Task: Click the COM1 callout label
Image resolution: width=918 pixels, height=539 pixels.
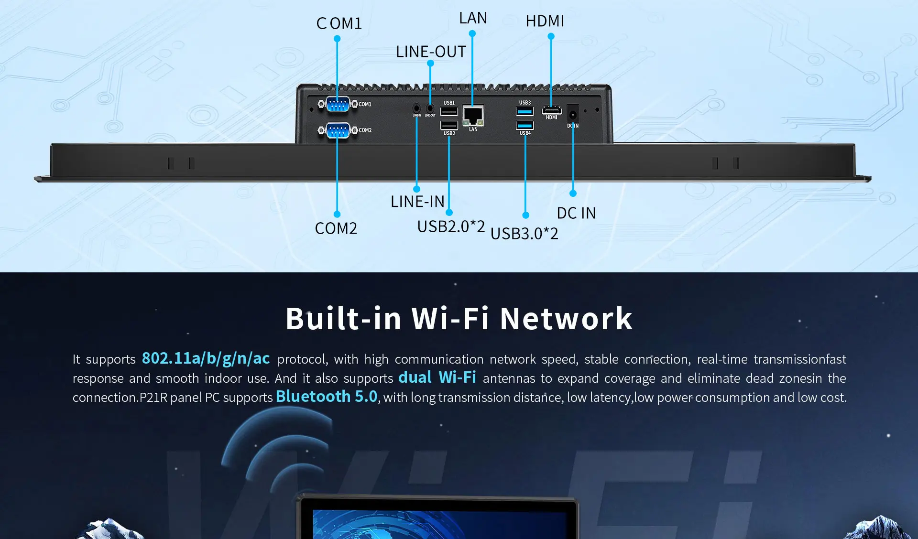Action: point(339,23)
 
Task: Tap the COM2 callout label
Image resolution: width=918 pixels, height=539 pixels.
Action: point(336,228)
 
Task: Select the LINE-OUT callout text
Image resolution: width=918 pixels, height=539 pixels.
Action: point(431,52)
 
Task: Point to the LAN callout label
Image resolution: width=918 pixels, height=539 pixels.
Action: point(473,18)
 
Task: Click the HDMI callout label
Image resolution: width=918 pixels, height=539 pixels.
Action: point(545,21)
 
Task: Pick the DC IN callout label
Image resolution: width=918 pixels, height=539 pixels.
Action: point(577,213)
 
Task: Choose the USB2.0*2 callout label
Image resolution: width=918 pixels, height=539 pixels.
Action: point(451,226)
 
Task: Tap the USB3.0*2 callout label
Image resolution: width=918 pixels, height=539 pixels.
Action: point(525,234)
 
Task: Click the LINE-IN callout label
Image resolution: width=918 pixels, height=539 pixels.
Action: point(417,202)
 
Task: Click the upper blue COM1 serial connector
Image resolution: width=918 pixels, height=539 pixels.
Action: point(338,104)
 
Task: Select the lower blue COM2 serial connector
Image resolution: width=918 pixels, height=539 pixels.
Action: point(338,130)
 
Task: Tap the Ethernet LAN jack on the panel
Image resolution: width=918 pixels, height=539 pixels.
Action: point(473,116)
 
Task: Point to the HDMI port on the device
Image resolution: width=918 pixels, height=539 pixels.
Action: point(551,110)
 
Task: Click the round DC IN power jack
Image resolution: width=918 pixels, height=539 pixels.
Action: point(573,115)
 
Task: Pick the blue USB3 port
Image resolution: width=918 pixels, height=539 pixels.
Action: point(525,112)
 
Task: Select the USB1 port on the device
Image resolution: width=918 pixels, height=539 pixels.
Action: point(449,112)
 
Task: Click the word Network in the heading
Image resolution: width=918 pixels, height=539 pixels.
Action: point(566,319)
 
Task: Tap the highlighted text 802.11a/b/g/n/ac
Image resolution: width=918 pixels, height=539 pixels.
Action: point(206,358)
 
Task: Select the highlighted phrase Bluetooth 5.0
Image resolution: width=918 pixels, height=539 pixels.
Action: point(327,397)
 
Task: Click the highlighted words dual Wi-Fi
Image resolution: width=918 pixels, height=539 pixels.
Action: point(437,377)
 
